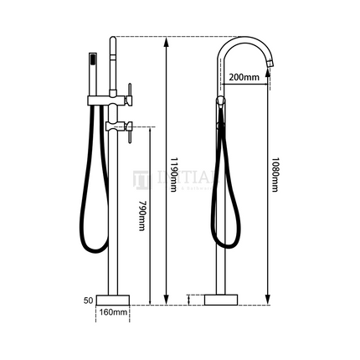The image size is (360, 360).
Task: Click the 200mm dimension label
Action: pos(242,77)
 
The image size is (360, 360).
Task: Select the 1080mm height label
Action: pos(275,173)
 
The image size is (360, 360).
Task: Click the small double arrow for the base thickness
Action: pos(191,299)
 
